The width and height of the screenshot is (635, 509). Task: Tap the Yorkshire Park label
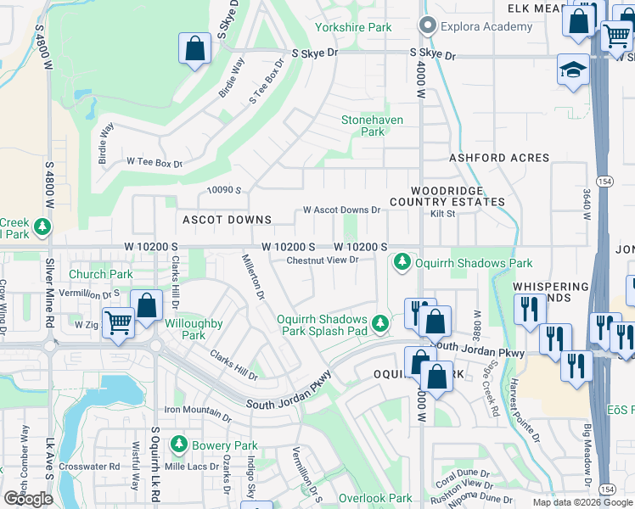point(353,27)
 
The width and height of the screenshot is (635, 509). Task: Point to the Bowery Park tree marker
point(178,445)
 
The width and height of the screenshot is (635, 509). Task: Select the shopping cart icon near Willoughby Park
point(119,322)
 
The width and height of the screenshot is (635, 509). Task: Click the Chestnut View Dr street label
point(323,260)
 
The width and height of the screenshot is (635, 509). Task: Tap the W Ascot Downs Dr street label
point(341,210)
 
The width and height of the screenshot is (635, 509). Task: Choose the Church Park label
point(100,274)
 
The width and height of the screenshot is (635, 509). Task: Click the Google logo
point(28,499)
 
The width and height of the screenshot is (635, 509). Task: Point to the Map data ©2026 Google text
point(582,502)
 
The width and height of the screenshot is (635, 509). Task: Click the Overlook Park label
point(375,498)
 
